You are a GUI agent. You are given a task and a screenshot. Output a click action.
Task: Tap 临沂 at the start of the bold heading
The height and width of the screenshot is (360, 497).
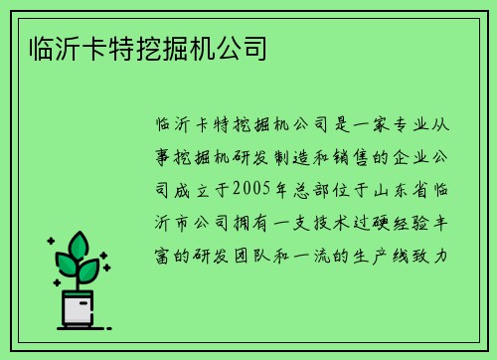tap(48, 46)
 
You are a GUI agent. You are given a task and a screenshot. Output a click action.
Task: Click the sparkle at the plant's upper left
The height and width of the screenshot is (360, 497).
tap(51, 242)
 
